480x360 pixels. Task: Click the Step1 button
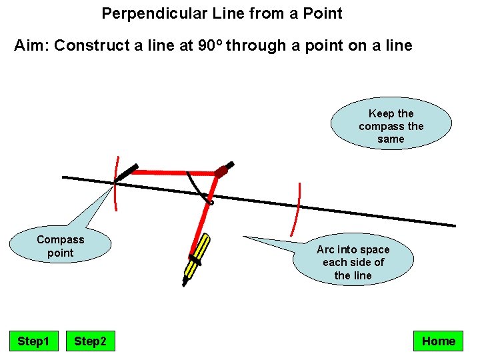(x=33, y=341)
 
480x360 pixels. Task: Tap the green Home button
(x=438, y=341)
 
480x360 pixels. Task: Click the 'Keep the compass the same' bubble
(x=391, y=126)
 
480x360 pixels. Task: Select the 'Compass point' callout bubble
(x=61, y=246)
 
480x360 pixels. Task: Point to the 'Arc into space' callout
(x=353, y=262)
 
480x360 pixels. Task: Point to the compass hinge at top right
(x=224, y=169)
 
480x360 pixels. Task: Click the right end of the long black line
(x=453, y=225)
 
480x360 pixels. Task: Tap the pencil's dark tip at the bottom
(x=185, y=282)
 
